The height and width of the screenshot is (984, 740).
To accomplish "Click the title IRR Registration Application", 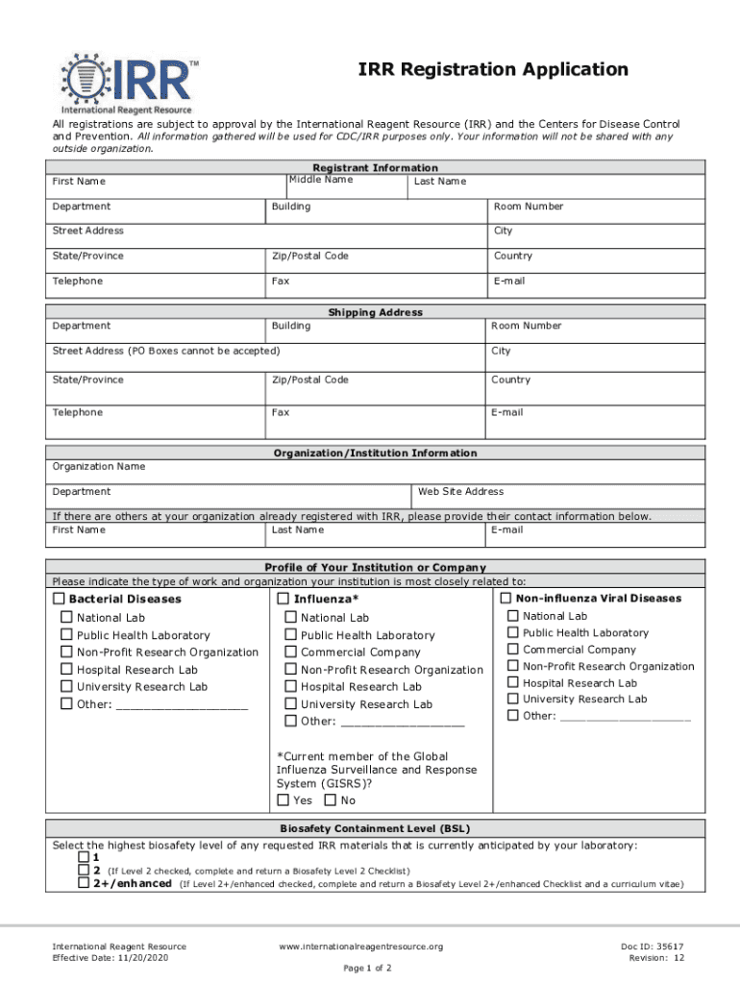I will (493, 69).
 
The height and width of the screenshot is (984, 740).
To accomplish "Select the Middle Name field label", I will (321, 180).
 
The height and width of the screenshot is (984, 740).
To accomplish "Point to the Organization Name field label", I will (99, 466).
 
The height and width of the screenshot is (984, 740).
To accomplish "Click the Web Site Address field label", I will (460, 491).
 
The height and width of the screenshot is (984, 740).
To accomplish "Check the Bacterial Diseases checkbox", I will (59, 599).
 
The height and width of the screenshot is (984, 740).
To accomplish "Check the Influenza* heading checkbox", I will (284, 599).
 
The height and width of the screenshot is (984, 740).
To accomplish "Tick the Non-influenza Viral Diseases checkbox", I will (506, 599).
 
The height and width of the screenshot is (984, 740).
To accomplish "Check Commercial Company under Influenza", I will (291, 652).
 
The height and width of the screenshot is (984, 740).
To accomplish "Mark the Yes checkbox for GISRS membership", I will (284, 799).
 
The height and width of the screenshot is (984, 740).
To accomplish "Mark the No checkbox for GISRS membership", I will (331, 799).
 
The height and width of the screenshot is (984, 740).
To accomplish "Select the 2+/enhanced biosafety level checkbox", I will (84, 883).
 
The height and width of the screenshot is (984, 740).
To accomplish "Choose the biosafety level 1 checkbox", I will (84, 856).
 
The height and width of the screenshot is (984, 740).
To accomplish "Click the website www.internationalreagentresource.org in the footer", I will (360, 947).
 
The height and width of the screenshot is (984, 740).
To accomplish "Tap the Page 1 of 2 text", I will (367, 968).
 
